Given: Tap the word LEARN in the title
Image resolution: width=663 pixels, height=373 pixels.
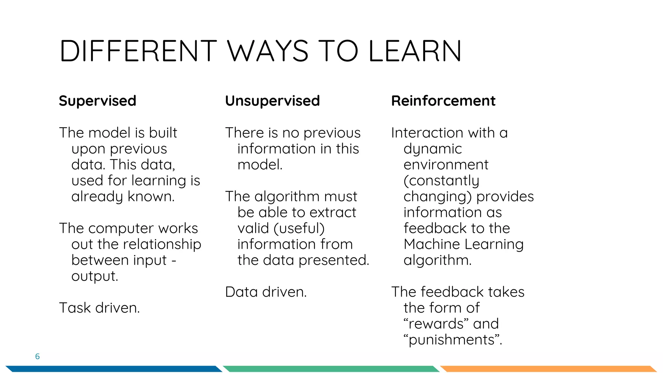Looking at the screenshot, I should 415,51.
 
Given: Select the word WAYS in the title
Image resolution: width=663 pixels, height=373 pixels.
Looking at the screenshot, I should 268,51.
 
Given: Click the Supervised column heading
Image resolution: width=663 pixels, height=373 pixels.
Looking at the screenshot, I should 97,101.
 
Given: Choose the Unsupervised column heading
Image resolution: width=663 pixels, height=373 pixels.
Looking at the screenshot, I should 272,101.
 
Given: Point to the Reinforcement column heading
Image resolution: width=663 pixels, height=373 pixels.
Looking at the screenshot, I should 443,101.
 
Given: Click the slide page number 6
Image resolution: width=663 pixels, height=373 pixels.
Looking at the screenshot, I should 37,356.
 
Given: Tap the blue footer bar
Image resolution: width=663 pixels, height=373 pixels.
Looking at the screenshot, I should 113,369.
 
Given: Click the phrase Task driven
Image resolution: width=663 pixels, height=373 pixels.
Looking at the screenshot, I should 99,308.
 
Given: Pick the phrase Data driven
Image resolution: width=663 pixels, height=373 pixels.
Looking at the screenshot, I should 266,292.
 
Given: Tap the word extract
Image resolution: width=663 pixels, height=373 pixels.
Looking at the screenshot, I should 332,212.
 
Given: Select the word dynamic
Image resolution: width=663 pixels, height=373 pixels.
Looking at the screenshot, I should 433,149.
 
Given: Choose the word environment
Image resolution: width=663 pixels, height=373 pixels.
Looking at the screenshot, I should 446,165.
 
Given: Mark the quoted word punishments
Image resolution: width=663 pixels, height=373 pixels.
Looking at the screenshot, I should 452,340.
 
